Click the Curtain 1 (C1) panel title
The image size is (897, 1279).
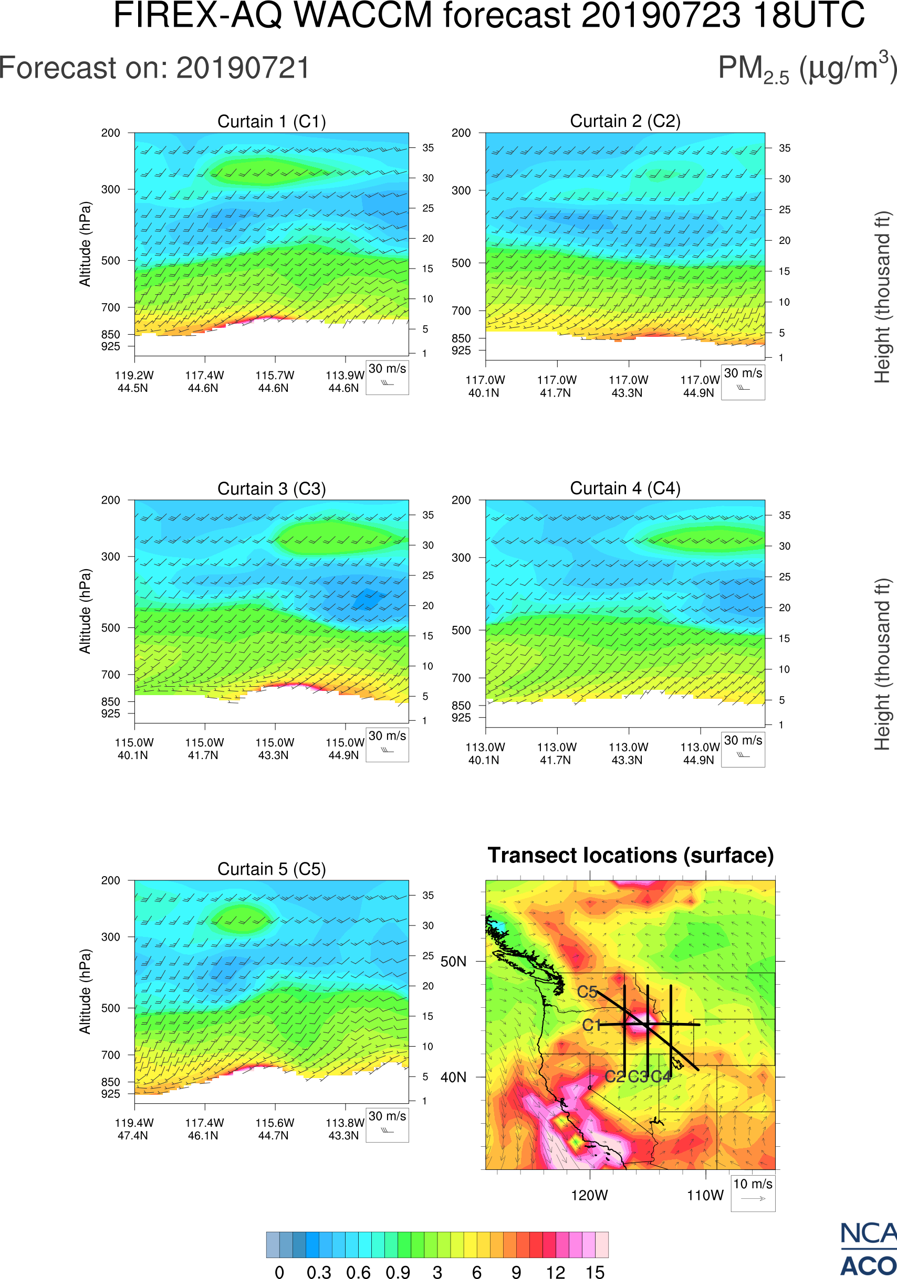pyautogui.click(x=272, y=121)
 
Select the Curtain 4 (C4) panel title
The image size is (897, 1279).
pyautogui.click(x=625, y=488)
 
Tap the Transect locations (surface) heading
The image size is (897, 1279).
pyautogui.click(x=631, y=855)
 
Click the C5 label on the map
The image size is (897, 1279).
pyautogui.click(x=587, y=992)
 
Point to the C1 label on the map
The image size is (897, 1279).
pyautogui.click(x=591, y=1025)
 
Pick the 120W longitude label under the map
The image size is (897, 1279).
pyautogui.click(x=589, y=1196)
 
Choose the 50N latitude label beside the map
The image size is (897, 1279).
pyautogui.click(x=453, y=962)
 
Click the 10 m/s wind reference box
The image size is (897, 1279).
pyautogui.click(x=753, y=1192)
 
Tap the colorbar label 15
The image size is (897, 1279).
pyautogui.click(x=595, y=1272)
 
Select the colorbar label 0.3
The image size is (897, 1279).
pyautogui.click(x=319, y=1272)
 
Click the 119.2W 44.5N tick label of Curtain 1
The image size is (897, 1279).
pyautogui.click(x=134, y=381)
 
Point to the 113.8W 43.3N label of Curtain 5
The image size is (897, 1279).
pyautogui.click(x=345, y=1129)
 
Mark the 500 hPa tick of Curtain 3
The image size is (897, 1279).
pyautogui.click(x=110, y=628)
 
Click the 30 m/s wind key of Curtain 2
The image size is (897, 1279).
pyautogui.click(x=743, y=381)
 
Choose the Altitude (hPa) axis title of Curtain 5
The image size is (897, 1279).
pyautogui.click(x=85, y=992)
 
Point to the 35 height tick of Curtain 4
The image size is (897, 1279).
pyautogui.click(x=785, y=515)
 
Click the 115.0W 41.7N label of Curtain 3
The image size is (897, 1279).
pyautogui.click(x=204, y=749)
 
